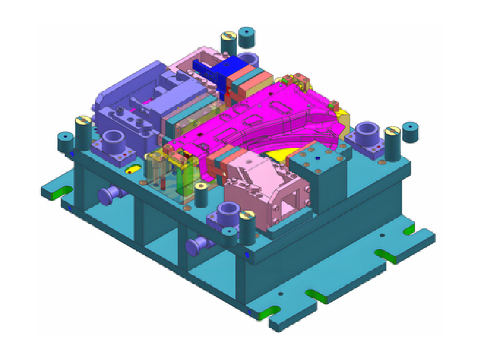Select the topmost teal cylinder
point(247,37)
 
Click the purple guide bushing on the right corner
point(366,133)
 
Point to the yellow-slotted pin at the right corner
point(392,143)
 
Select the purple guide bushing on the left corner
point(113,143)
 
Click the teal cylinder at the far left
point(64,141)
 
